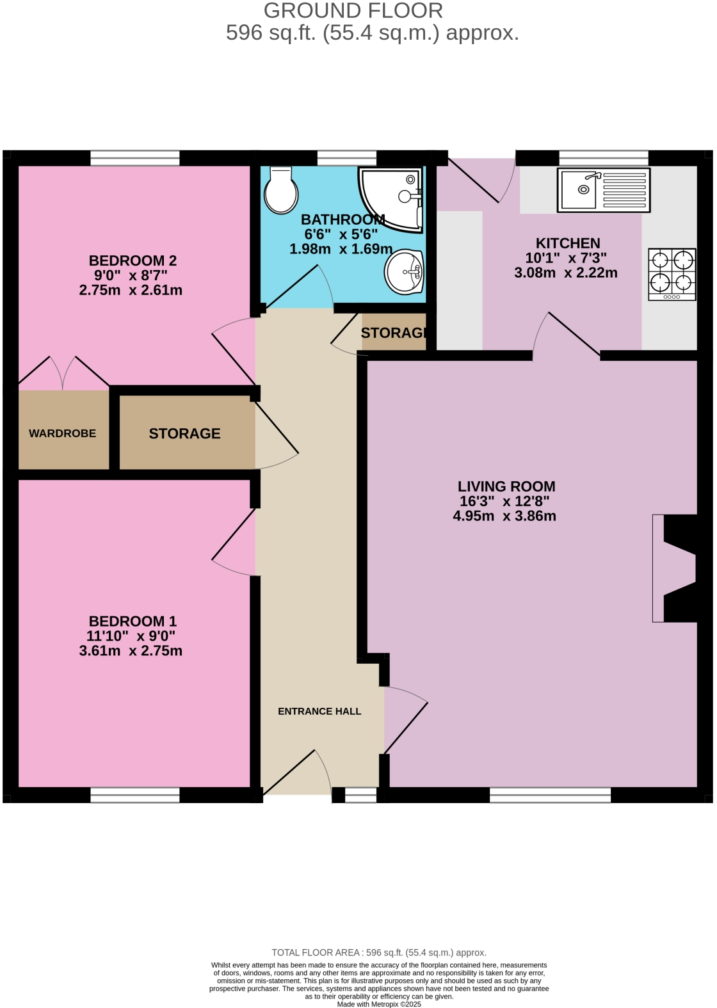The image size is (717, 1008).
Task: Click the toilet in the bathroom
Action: pos(280,191)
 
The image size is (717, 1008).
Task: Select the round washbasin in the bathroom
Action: pos(404,272)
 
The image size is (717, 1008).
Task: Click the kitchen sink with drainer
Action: pos(603,190)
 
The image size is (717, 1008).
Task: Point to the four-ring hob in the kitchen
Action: pos(672,274)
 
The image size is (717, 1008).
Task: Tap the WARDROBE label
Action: pos(63,433)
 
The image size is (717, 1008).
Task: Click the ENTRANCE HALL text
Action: pos(319,711)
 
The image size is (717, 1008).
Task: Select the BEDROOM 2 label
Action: pos(133,260)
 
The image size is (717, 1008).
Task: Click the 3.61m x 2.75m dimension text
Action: pos(131,651)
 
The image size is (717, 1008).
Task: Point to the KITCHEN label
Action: pos(568,243)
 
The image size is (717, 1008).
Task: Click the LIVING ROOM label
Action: pos(506,486)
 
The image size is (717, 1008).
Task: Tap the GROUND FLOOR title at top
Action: pos(353,11)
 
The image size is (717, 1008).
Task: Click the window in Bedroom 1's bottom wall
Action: pos(135,795)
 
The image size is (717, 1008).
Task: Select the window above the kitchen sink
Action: pos(603,157)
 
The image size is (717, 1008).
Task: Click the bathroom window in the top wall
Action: pos(346,157)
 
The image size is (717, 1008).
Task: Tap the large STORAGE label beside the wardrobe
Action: pos(184,433)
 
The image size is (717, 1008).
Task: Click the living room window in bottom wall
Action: pos(550,795)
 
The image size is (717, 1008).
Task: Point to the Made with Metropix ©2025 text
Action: pos(379,1004)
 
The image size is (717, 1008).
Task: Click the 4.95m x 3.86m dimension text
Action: pos(504,516)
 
